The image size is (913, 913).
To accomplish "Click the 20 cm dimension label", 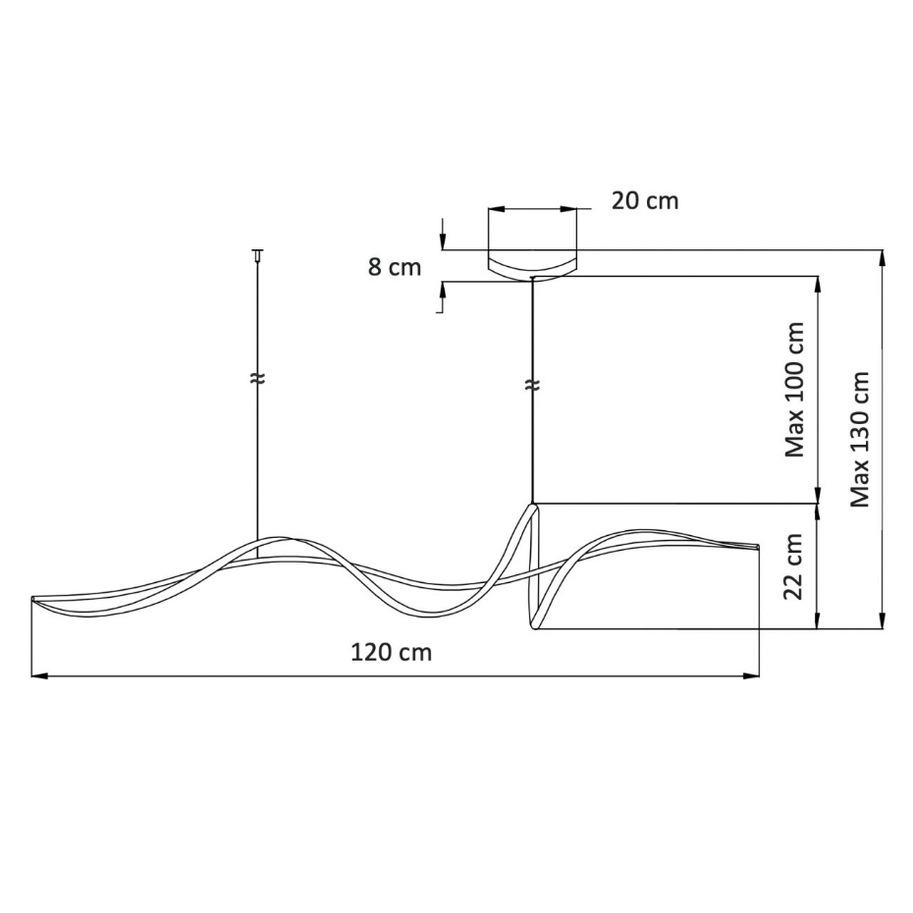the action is tap(645, 201).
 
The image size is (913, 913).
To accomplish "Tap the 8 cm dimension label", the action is tap(395, 267).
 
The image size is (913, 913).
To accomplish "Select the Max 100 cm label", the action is tap(794, 390).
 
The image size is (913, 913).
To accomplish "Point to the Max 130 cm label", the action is tap(859, 439).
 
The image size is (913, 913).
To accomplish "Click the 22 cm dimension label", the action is tap(794, 566).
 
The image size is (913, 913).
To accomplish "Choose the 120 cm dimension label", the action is tap(392, 652).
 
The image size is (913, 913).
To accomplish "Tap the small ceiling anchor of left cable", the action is tap(257, 254).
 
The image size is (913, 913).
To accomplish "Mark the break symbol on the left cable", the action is tap(257, 379).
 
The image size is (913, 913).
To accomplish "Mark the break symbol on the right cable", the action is tap(532, 385).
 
